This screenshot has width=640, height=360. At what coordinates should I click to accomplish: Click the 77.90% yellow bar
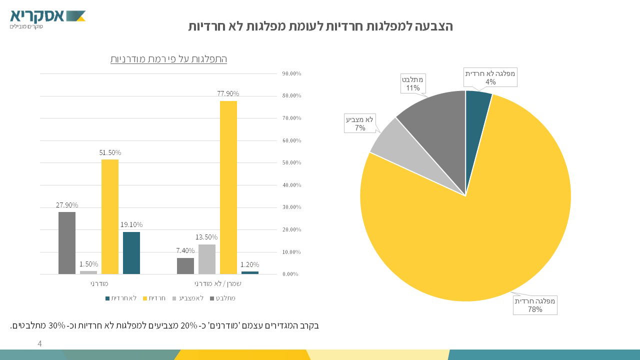[228, 187]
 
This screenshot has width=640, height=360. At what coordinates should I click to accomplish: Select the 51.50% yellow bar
[110, 216]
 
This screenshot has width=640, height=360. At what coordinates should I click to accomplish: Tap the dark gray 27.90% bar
[67, 243]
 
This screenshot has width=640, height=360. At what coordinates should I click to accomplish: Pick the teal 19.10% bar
[131, 253]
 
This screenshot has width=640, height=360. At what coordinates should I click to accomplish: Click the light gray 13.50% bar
[207, 259]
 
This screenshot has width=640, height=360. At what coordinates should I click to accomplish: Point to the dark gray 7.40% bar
[185, 266]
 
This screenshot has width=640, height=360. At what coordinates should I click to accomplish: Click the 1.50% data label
[88, 264]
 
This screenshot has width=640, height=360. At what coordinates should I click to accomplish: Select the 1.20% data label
[249, 264]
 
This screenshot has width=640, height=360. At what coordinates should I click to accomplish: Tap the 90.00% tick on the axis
[291, 73]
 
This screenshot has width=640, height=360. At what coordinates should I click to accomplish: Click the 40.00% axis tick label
[291, 185]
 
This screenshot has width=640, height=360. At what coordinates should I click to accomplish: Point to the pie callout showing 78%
[535, 305]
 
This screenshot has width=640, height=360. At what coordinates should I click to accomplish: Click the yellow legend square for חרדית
[145, 298]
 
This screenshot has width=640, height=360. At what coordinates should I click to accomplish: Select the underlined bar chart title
[168, 59]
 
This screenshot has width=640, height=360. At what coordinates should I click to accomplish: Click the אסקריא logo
[47, 18]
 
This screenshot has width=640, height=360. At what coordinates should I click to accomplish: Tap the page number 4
[39, 344]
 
